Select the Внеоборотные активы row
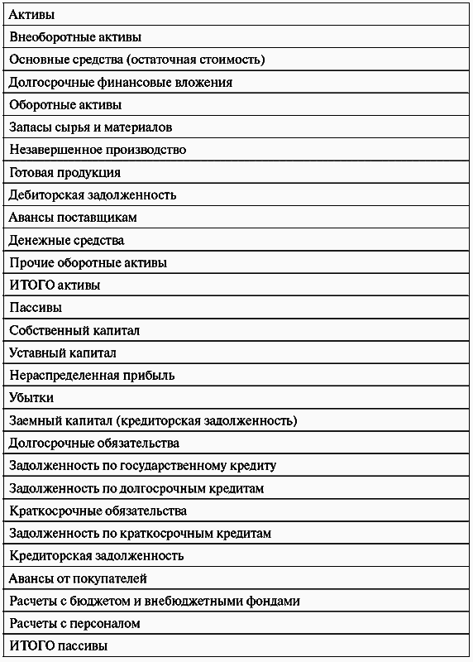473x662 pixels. [x=75, y=37]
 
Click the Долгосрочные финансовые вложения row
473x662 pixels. [x=120, y=83]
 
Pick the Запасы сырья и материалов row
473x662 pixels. [x=90, y=127]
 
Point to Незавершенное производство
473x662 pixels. [x=98, y=150]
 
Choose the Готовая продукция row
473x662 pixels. [x=65, y=172]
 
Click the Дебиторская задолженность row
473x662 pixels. [x=93, y=195]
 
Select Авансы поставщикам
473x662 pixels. [x=73, y=218]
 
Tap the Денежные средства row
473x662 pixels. [x=67, y=240]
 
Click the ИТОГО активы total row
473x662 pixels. [x=55, y=285]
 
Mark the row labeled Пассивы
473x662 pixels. [x=36, y=308]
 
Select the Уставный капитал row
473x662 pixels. [x=63, y=353]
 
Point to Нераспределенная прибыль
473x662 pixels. [x=92, y=375]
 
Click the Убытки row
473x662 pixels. [x=31, y=398]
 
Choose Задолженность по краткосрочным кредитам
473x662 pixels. [x=141, y=533]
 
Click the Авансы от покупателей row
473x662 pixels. [x=79, y=578]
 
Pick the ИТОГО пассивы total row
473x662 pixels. [x=59, y=645]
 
